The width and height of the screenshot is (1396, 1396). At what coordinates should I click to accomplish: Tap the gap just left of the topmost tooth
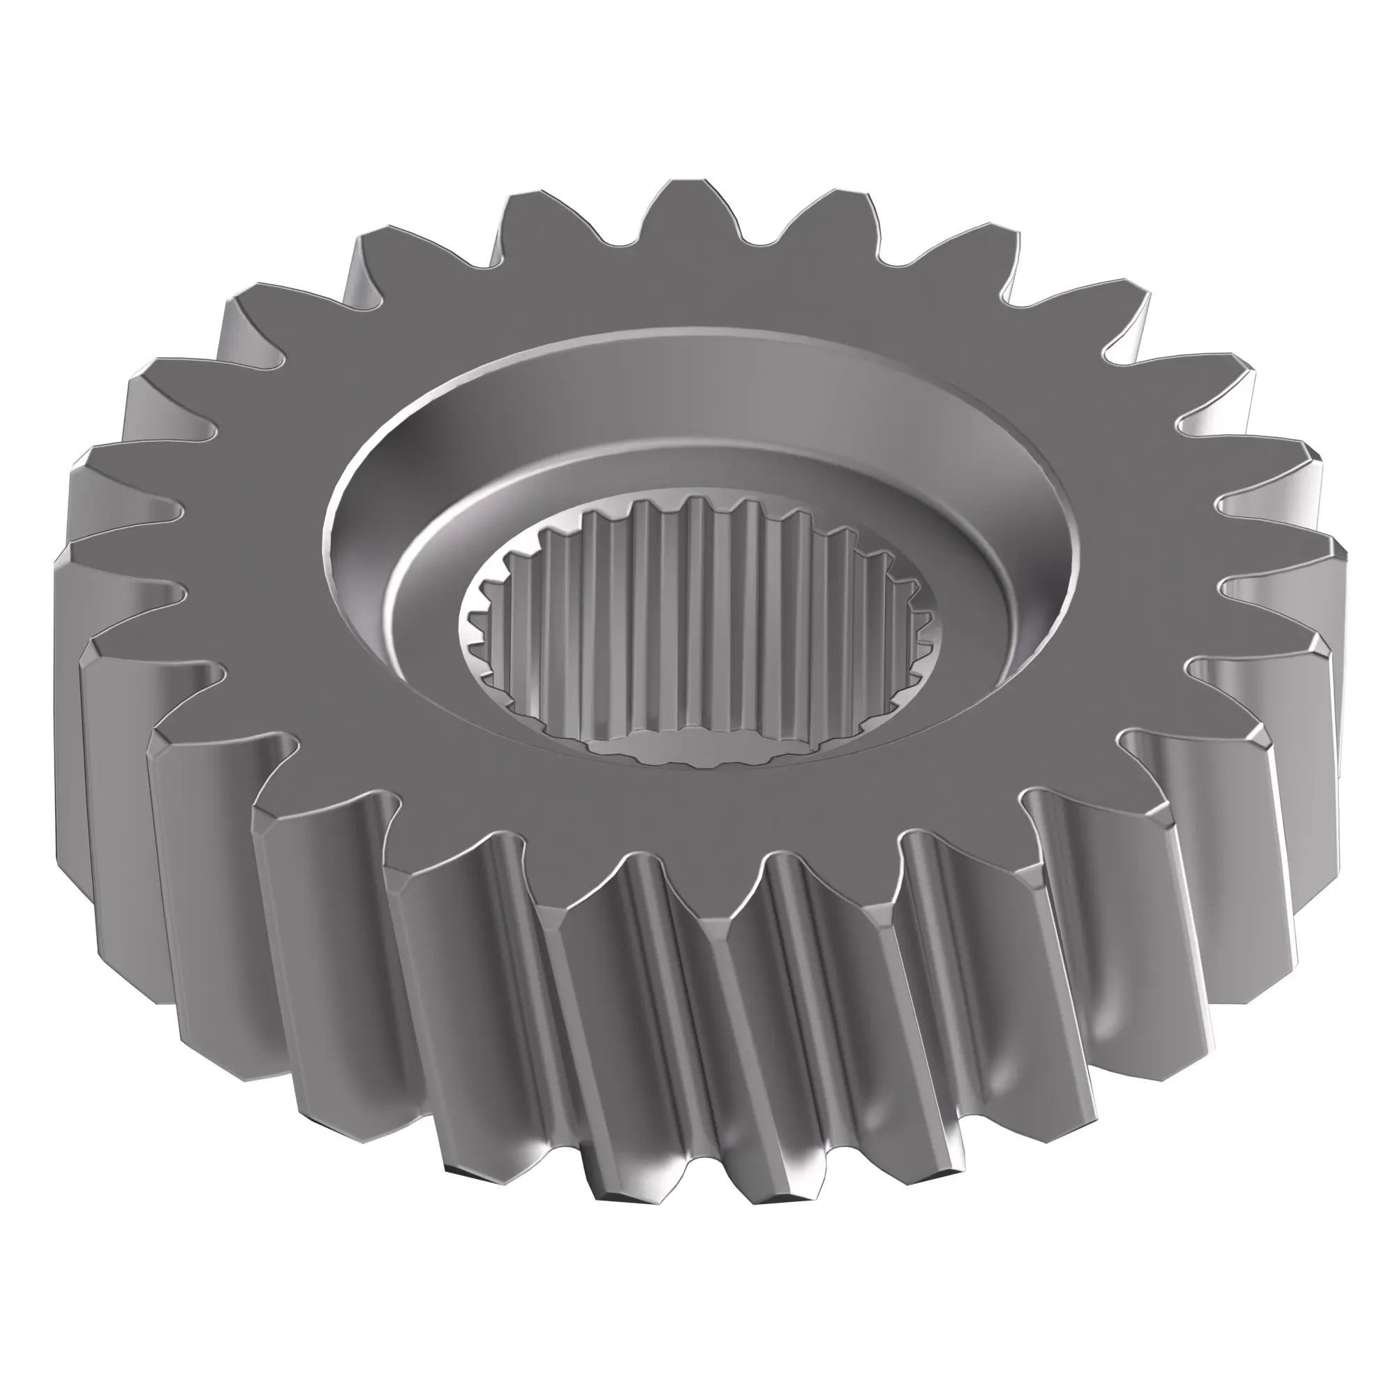[611, 242]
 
